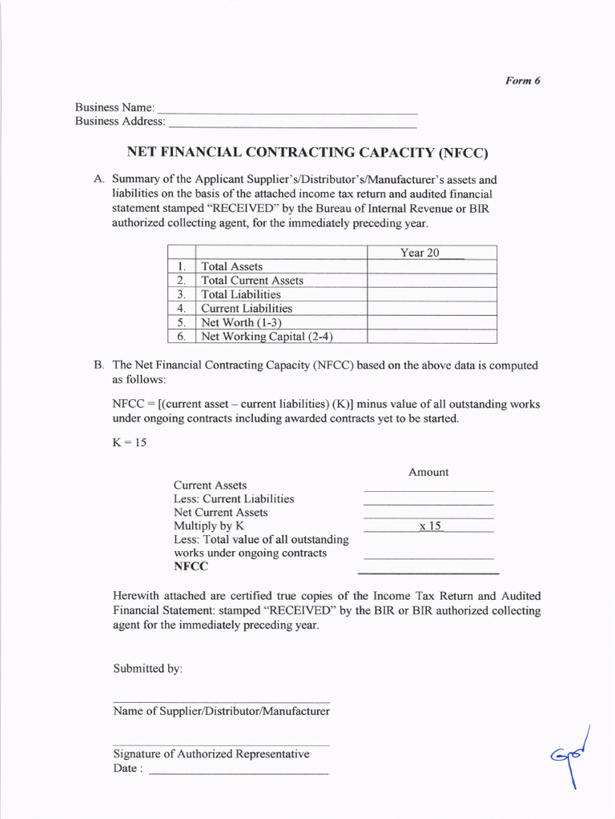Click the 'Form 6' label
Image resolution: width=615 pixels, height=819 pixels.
tap(522, 81)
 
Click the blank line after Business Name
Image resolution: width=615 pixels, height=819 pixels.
tap(288, 109)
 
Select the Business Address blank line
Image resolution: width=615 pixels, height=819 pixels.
tap(292, 124)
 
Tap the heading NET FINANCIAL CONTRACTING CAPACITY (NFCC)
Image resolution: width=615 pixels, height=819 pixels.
tap(307, 152)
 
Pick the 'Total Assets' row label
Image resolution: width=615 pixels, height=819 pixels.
tap(231, 266)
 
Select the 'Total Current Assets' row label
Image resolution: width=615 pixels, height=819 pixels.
tap(252, 281)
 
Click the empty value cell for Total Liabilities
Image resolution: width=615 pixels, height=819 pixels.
tap(431, 294)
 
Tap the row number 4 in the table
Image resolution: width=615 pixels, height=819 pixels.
tap(182, 309)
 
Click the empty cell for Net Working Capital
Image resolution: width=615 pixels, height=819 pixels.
tap(431, 337)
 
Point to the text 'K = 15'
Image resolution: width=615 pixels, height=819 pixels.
tap(130, 442)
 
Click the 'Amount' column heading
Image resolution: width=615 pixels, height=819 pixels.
tap(428, 472)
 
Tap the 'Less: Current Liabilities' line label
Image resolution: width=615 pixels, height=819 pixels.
tap(234, 499)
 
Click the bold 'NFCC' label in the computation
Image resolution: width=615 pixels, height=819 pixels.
tap(191, 566)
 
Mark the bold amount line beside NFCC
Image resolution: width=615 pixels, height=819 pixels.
tap(428, 572)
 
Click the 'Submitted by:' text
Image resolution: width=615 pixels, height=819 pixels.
tap(148, 668)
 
